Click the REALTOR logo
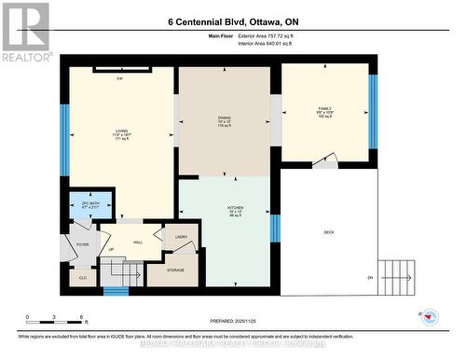click(x=25, y=32)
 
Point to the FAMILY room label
click(x=324, y=111)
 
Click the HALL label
click(x=137, y=242)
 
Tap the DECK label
click(x=328, y=232)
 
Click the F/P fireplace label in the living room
click(x=120, y=78)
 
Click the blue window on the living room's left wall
click(x=65, y=140)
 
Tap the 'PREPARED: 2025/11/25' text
click(x=233, y=318)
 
